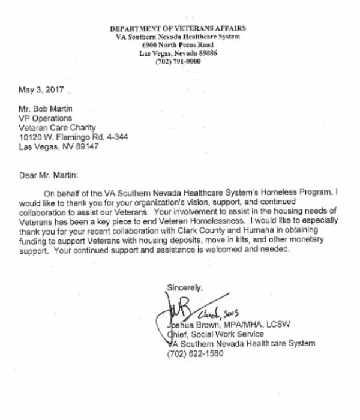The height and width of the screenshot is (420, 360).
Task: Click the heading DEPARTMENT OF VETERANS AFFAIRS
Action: click(178, 29)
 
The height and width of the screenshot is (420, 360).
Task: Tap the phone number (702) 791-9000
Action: click(178, 61)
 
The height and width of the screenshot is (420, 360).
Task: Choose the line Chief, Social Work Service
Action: click(214, 334)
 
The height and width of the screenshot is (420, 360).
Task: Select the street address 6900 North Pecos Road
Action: click(178, 45)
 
